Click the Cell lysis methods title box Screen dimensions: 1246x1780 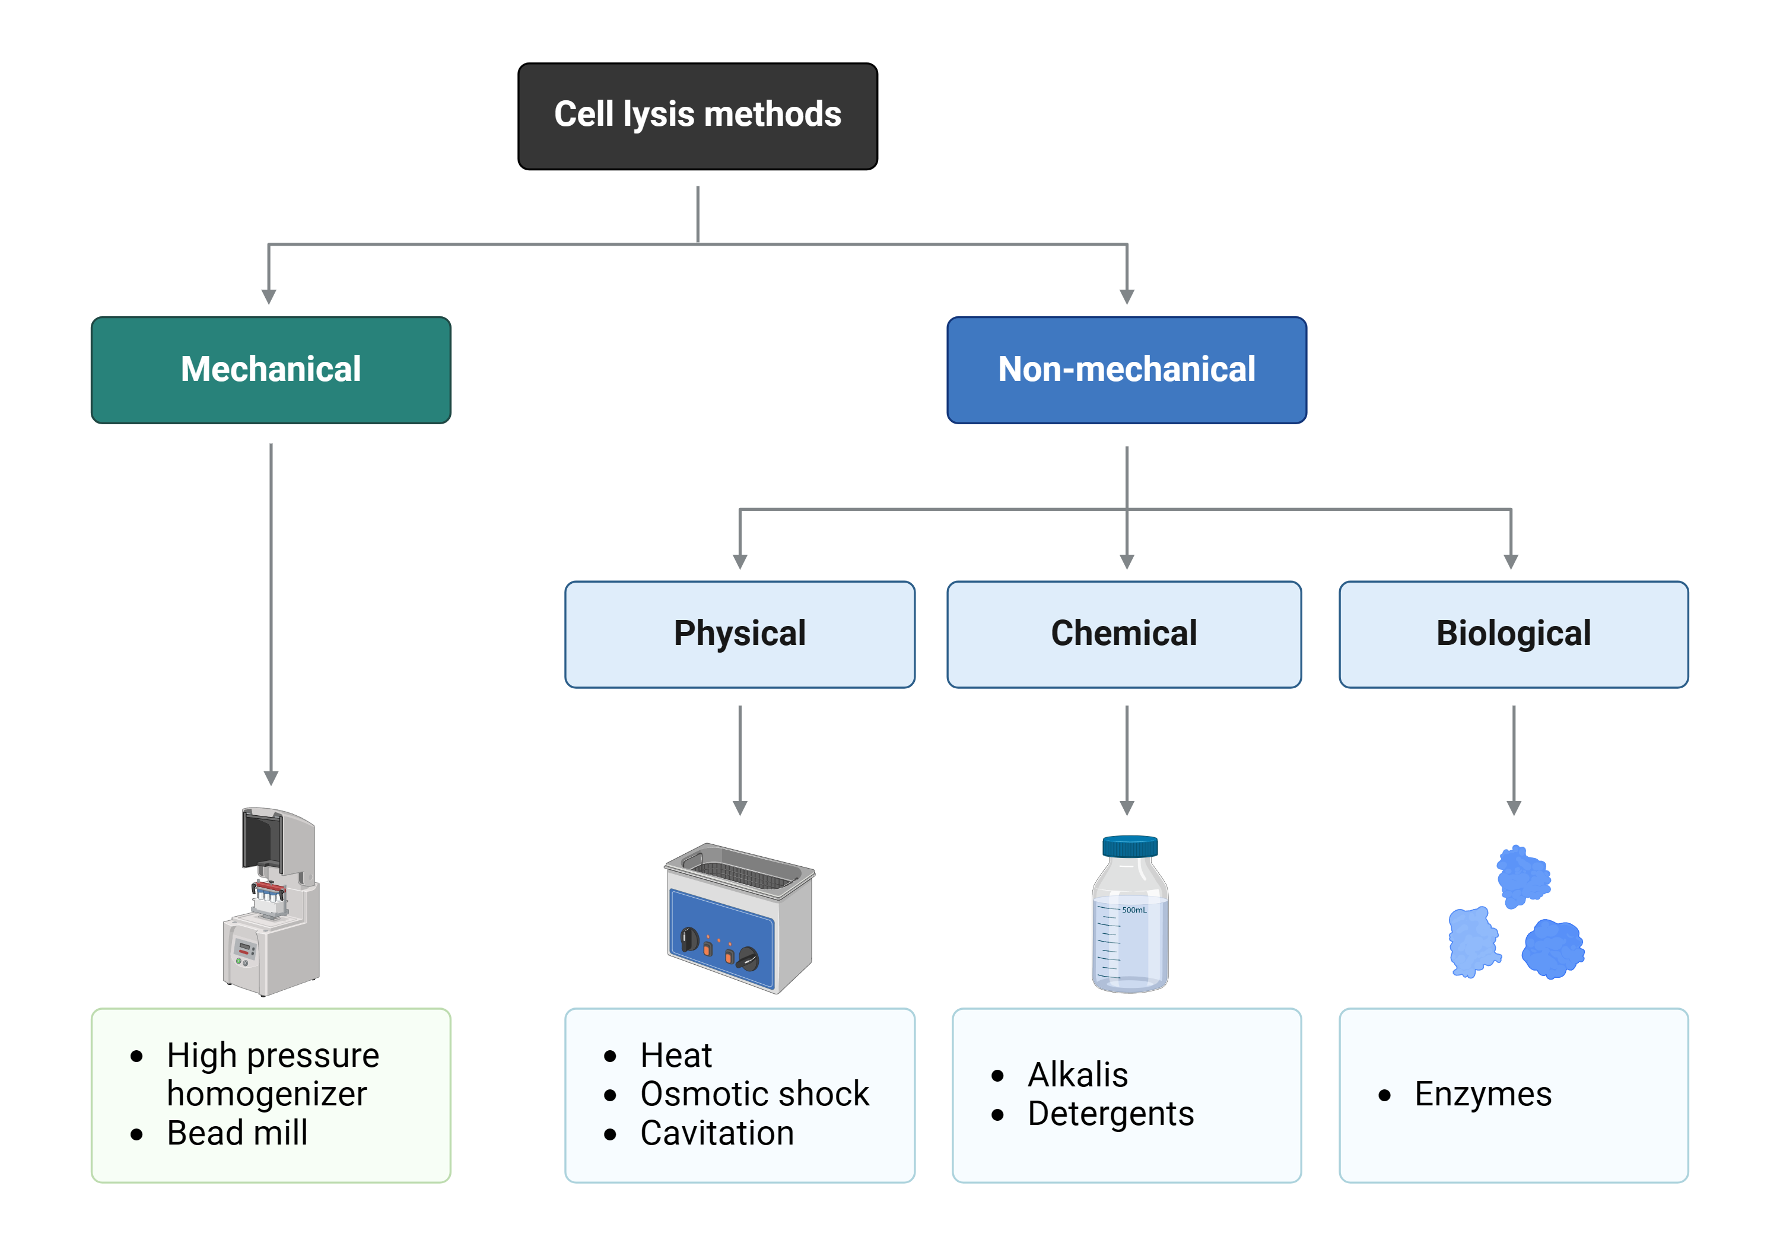(x=697, y=116)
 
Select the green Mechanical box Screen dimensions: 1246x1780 (x=271, y=370)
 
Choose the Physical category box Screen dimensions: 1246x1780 (x=740, y=634)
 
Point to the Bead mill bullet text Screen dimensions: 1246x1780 (x=237, y=1133)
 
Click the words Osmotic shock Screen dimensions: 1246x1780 (x=754, y=1094)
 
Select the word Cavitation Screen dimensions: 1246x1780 (x=716, y=1133)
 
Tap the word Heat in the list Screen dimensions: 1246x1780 (x=675, y=1056)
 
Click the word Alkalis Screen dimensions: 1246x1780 (x=1077, y=1075)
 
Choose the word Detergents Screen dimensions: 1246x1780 (x=1110, y=1114)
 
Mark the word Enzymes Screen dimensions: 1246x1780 (x=1482, y=1094)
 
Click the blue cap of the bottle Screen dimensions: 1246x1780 (x=1130, y=846)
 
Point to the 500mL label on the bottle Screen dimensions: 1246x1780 (x=1133, y=910)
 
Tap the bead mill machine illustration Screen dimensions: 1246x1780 (x=271, y=903)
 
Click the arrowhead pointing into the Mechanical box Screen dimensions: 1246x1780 (x=269, y=297)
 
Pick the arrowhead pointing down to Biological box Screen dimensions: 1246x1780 (x=1510, y=561)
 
